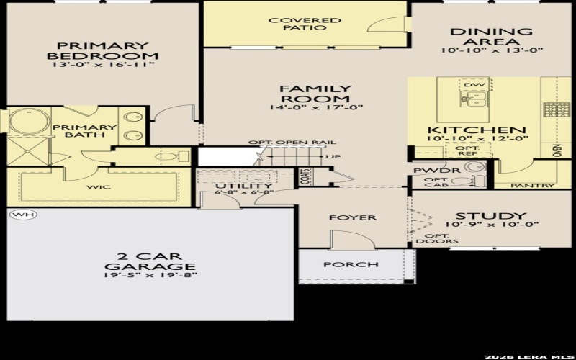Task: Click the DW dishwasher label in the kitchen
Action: tap(473, 85)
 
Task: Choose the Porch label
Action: tap(351, 264)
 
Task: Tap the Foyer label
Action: tap(343, 217)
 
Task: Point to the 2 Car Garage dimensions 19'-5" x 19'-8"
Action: tap(149, 274)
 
